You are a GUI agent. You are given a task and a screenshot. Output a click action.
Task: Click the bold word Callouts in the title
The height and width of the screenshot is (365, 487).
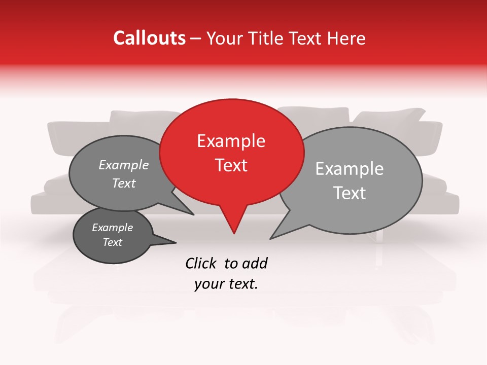(149, 38)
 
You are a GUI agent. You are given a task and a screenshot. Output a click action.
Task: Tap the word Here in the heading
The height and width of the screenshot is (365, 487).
(345, 38)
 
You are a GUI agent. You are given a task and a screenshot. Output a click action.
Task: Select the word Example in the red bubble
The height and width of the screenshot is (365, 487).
(231, 141)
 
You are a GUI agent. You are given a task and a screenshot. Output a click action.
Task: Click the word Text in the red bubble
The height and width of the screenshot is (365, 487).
(231, 165)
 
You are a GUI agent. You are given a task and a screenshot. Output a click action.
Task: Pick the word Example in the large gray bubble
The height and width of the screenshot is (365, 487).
(350, 169)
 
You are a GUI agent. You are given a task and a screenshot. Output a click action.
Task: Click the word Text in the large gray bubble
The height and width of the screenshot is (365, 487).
(350, 193)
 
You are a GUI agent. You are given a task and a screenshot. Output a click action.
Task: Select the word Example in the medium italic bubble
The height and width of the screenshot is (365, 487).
(123, 165)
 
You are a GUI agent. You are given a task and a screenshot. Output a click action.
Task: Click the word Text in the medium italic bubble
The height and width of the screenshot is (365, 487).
(124, 183)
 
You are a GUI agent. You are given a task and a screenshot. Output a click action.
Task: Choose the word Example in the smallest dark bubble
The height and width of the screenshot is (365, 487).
(112, 228)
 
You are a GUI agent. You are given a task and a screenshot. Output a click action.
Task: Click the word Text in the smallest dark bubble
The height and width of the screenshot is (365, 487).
(113, 242)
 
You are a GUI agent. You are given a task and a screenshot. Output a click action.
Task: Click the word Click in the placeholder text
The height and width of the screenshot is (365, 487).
(201, 263)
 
